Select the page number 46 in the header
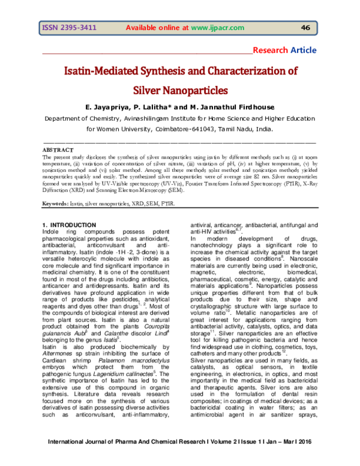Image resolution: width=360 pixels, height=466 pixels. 305,28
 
